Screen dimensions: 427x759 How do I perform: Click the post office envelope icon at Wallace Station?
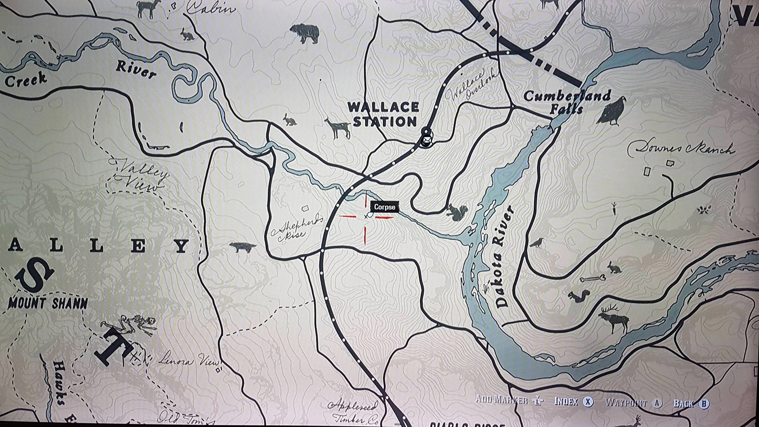pos(426,139)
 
